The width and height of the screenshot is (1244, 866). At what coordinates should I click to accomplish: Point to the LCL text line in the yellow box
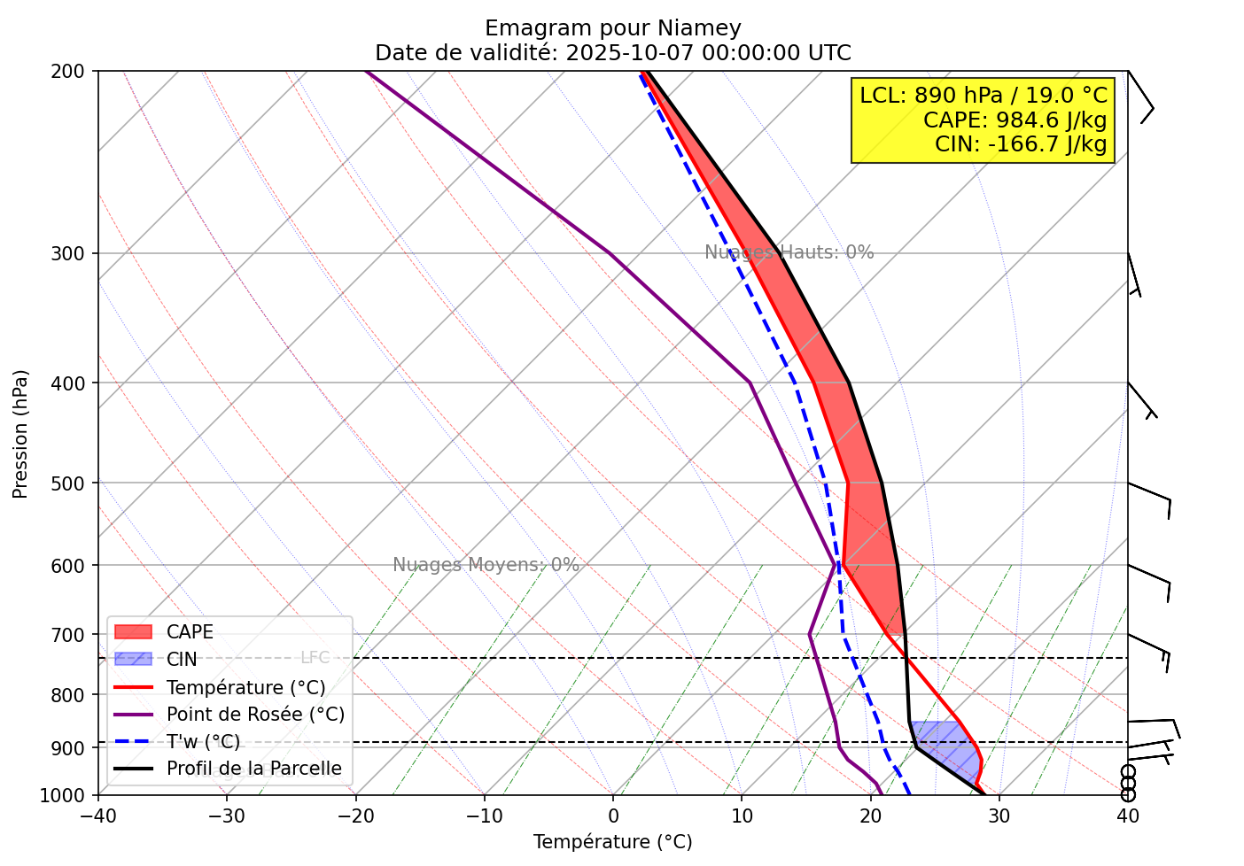[984, 95]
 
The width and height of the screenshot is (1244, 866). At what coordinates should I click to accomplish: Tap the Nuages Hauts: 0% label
[789, 252]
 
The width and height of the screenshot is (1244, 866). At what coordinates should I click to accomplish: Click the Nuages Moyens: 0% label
[486, 565]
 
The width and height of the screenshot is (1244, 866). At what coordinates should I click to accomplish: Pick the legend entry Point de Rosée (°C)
[255, 715]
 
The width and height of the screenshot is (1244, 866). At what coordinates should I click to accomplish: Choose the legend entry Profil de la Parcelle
[253, 769]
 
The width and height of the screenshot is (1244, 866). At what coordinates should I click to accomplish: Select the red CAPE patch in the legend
[134, 632]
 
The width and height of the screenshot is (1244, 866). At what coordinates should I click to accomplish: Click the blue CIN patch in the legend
[134, 660]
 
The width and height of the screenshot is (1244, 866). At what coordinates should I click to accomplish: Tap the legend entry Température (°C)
[245, 688]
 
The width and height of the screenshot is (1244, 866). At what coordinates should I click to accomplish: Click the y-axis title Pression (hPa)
[20, 434]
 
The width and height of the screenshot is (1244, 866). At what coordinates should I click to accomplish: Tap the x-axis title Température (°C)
[612, 842]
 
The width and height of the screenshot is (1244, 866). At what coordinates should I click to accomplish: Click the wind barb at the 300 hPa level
[1133, 274]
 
